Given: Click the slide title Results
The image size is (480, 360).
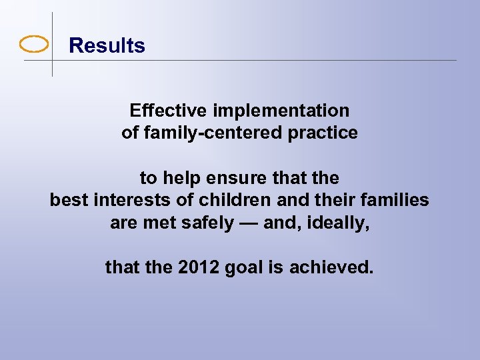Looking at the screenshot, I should point(107,46).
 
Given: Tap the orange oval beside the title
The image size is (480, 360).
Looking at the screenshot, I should point(34,45).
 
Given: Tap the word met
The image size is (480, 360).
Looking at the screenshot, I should point(155,223).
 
